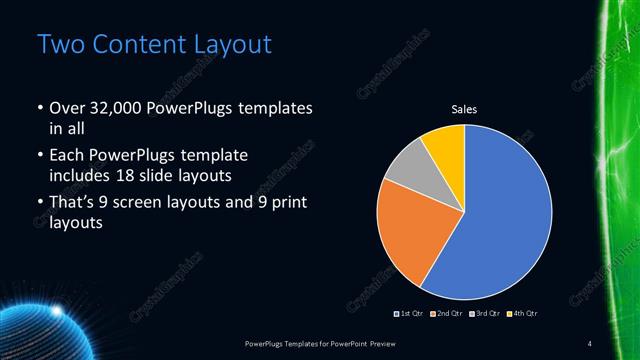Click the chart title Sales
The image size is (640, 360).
pos(464,108)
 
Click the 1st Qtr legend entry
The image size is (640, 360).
pos(411,313)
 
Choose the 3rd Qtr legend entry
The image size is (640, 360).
pos(485,313)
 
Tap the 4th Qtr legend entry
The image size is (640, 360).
pos(524,313)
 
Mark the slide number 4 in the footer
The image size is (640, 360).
pos(590,343)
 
